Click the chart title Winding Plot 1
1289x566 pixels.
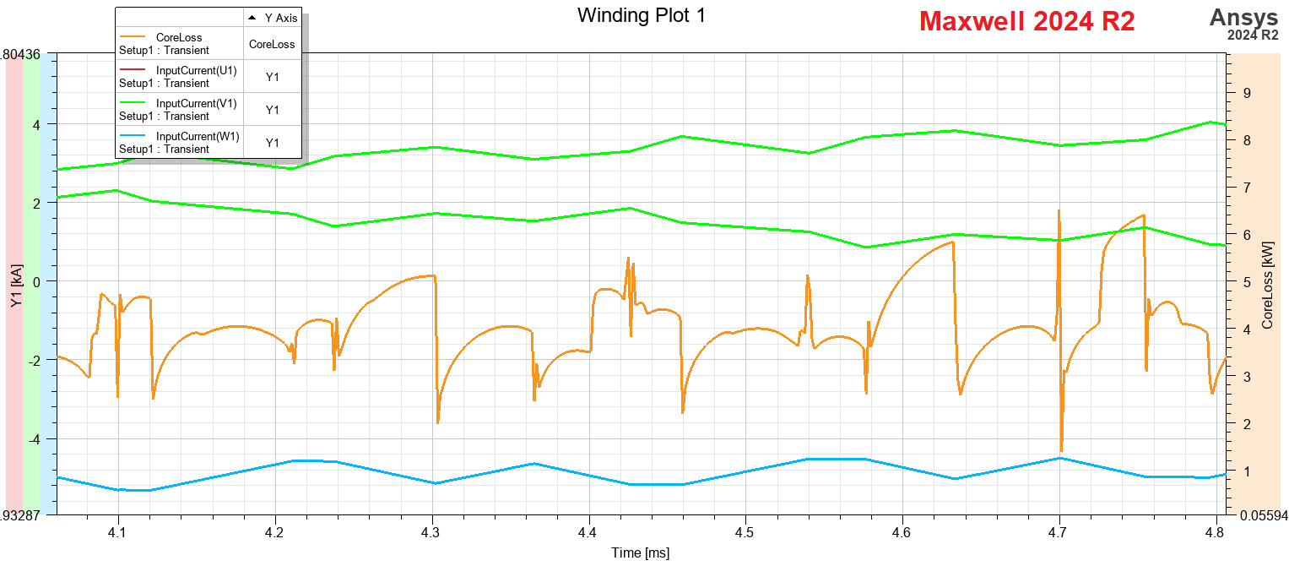click(x=641, y=15)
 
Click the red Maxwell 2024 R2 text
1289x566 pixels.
click(x=1026, y=21)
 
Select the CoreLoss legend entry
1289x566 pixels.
click(x=179, y=44)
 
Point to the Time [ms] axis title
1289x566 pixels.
click(x=641, y=552)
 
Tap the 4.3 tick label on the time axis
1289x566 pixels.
click(x=432, y=532)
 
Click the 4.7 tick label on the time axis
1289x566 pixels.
click(x=1059, y=532)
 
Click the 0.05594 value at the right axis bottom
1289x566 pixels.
click(x=1263, y=514)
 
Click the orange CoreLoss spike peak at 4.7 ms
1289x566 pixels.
click(x=1058, y=211)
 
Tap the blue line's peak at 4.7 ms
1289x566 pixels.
click(x=1059, y=458)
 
